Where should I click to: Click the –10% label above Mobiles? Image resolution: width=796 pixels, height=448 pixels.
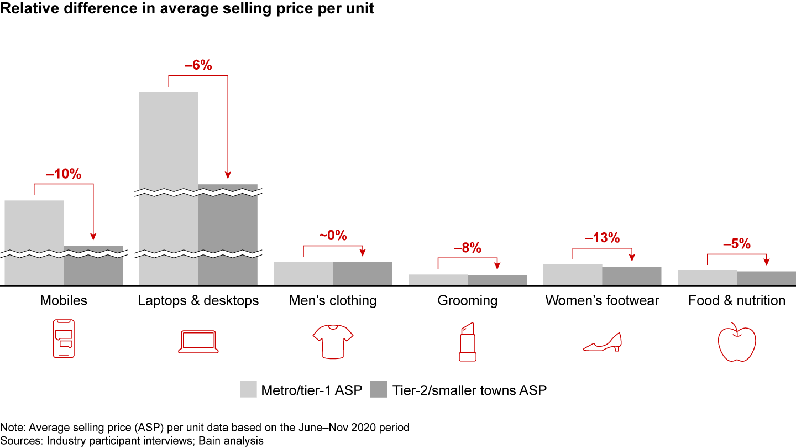pyautogui.click(x=64, y=174)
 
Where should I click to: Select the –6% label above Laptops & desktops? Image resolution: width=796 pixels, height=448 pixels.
pyautogui.click(x=198, y=65)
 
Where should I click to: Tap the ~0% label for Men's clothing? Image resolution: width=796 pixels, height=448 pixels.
pyautogui.click(x=333, y=236)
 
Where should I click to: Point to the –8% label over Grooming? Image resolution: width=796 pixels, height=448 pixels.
pyautogui.click(x=468, y=248)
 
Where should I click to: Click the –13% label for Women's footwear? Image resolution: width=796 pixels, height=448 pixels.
pyautogui.click(x=602, y=238)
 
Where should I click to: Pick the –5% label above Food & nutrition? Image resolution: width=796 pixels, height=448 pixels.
pyautogui.click(x=737, y=244)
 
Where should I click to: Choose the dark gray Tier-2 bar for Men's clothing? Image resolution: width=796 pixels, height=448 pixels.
pyautogui.click(x=362, y=274)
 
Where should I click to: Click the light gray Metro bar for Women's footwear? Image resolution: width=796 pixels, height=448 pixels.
pyautogui.click(x=573, y=275)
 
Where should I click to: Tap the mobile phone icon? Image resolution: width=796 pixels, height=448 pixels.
pyautogui.click(x=63, y=338)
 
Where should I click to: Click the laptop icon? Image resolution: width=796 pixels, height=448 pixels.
pyautogui.click(x=198, y=342)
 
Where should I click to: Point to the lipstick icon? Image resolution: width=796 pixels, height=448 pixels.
pyautogui.click(x=468, y=341)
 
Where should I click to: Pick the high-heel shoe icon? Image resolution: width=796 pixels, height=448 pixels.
pyautogui.click(x=603, y=342)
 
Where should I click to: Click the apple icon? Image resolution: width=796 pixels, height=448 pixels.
pyautogui.click(x=736, y=342)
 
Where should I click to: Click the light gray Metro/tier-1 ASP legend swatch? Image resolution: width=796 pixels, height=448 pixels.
pyautogui.click(x=249, y=389)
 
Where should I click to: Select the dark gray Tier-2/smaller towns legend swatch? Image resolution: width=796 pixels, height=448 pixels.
pyautogui.click(x=379, y=389)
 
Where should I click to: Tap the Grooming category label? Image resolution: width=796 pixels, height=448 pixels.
pyautogui.click(x=468, y=301)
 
